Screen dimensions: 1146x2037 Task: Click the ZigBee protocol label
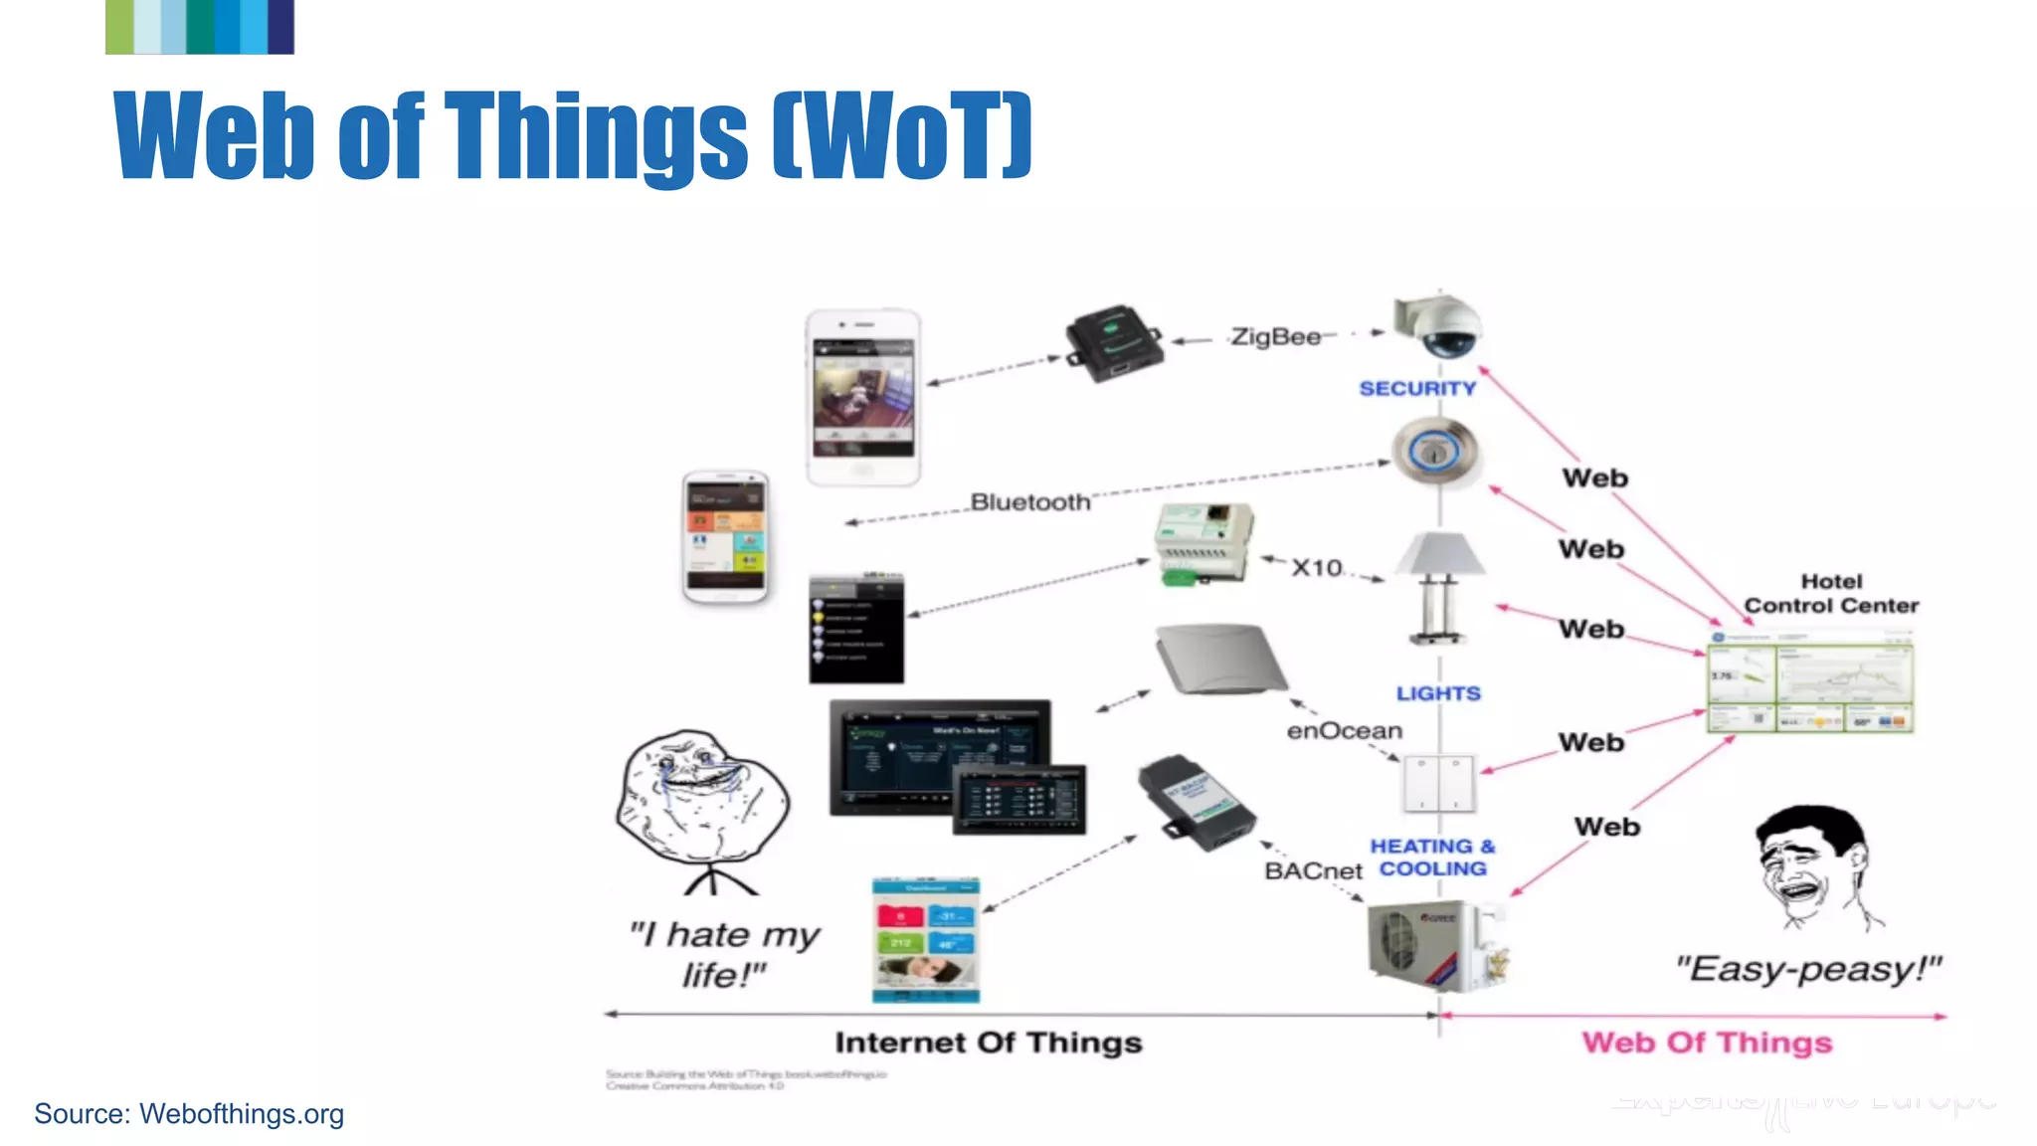click(x=1275, y=337)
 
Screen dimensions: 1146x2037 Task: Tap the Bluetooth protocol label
click(x=1029, y=502)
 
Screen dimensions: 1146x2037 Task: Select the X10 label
click(x=1316, y=568)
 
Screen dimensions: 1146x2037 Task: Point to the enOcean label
click(x=1344, y=731)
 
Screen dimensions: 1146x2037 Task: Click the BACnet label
click(x=1313, y=871)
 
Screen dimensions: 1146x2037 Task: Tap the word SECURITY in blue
click(x=1417, y=389)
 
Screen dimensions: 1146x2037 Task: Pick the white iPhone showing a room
click(x=863, y=397)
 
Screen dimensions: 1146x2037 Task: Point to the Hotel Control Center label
click(x=1831, y=594)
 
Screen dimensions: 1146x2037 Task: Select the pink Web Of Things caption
click(x=1707, y=1043)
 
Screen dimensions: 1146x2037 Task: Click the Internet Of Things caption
click(x=988, y=1043)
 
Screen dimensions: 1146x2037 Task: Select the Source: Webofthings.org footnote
click(x=189, y=1114)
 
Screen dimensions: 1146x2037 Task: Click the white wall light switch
click(x=1438, y=784)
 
